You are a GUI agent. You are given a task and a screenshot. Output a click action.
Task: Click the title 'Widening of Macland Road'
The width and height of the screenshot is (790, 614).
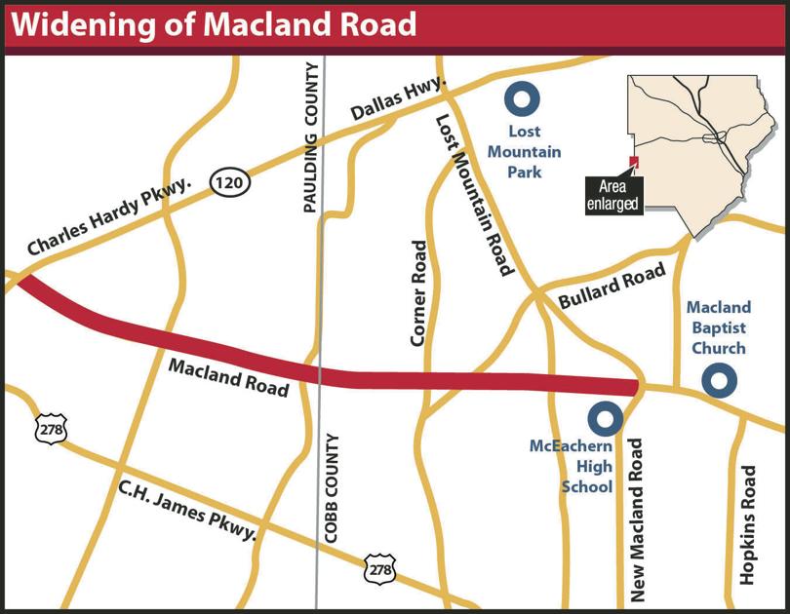tap(215, 23)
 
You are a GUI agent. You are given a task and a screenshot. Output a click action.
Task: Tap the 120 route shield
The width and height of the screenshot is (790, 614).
tap(231, 181)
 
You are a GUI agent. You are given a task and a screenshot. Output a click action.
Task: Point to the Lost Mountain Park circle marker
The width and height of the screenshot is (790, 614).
tap(522, 98)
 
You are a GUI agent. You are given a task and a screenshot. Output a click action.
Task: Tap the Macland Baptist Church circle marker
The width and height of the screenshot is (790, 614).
tap(720, 380)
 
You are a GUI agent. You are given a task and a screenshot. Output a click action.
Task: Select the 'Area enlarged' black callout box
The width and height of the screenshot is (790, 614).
tap(612, 196)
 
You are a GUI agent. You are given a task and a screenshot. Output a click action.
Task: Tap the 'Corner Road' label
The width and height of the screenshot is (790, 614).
tap(418, 293)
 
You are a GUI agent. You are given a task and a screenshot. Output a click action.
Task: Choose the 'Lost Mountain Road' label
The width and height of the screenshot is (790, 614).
tap(474, 195)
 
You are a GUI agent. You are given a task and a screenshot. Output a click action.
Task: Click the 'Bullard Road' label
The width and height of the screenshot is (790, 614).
tap(612, 287)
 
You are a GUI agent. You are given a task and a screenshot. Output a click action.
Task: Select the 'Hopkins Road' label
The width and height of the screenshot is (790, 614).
tap(748, 524)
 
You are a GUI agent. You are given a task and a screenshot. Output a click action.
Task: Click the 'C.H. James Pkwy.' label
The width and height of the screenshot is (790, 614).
tap(186, 509)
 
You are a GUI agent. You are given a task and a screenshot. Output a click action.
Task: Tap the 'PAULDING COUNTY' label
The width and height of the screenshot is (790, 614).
tap(311, 136)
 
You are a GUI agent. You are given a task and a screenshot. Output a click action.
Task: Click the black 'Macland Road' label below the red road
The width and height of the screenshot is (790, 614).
tap(229, 377)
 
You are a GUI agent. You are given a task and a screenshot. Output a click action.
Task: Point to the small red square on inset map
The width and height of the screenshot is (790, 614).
tap(633, 162)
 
